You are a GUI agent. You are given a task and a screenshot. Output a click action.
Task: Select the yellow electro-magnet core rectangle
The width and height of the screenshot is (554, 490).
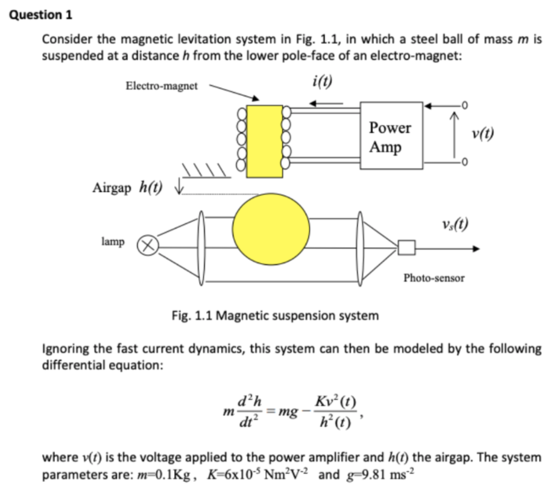coord(265,141)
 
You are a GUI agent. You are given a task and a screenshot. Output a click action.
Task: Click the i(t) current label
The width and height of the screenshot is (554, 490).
coord(322,82)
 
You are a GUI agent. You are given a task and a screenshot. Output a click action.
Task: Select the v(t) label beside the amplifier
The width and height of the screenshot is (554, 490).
coord(482,134)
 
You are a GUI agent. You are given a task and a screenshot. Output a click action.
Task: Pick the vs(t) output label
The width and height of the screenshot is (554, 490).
coord(455,223)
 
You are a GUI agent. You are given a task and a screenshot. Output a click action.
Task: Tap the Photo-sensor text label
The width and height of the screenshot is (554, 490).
coord(433,278)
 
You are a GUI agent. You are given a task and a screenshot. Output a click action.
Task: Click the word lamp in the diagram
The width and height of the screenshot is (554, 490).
coord(113,241)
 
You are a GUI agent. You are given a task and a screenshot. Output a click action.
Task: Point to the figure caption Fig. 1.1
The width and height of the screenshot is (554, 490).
coord(275,315)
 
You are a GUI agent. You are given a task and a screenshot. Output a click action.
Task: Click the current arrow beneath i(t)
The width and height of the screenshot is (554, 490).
coord(328,103)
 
